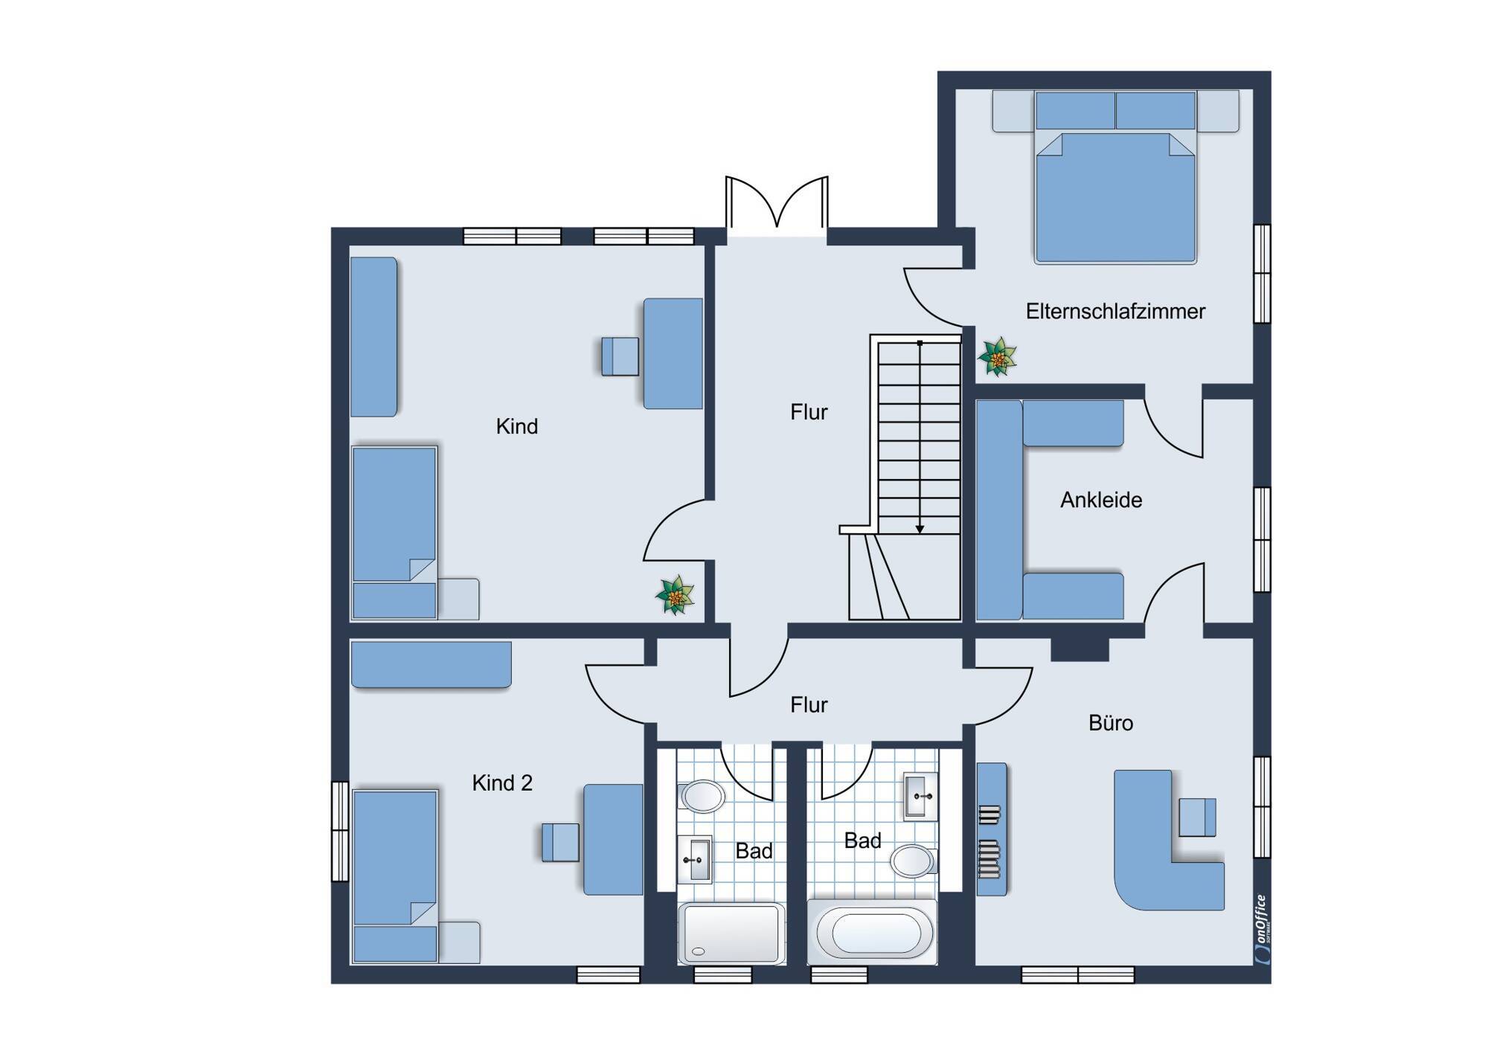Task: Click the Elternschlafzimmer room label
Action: click(x=1115, y=311)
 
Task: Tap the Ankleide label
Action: click(x=1101, y=500)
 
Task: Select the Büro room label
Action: click(x=1111, y=723)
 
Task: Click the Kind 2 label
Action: click(x=502, y=782)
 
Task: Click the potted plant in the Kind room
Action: click(x=675, y=595)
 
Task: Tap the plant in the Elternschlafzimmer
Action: click(x=997, y=357)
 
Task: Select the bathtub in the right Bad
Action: click(x=871, y=932)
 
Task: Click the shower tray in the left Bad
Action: click(x=731, y=933)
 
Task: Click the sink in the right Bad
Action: click(x=921, y=797)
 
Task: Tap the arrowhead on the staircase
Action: click(x=920, y=529)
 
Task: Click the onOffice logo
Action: click(x=1260, y=930)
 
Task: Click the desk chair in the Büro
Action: click(x=1197, y=817)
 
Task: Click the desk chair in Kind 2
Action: click(x=560, y=842)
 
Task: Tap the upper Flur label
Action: click(x=809, y=412)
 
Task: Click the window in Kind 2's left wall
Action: click(x=340, y=831)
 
